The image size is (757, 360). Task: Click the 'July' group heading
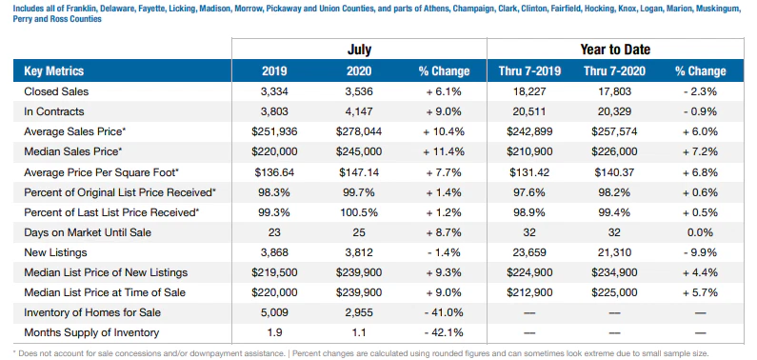pos(359,49)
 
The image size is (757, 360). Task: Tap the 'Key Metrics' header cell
pos(54,70)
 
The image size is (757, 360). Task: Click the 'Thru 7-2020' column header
pos(614,70)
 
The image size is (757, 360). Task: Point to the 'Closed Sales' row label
pos(57,91)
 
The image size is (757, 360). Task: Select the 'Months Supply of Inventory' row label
pos(91,332)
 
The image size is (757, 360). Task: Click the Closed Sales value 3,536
pos(359,91)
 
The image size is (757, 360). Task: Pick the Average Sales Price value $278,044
pos(359,131)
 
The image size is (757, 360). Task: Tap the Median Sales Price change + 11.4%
pos(443,151)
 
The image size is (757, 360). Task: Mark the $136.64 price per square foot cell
pos(273,172)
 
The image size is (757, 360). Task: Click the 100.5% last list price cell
pos(359,212)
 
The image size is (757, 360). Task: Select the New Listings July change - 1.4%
pos(443,252)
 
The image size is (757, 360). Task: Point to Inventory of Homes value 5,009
pos(273,312)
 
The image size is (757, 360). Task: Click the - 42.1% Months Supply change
pos(443,332)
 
